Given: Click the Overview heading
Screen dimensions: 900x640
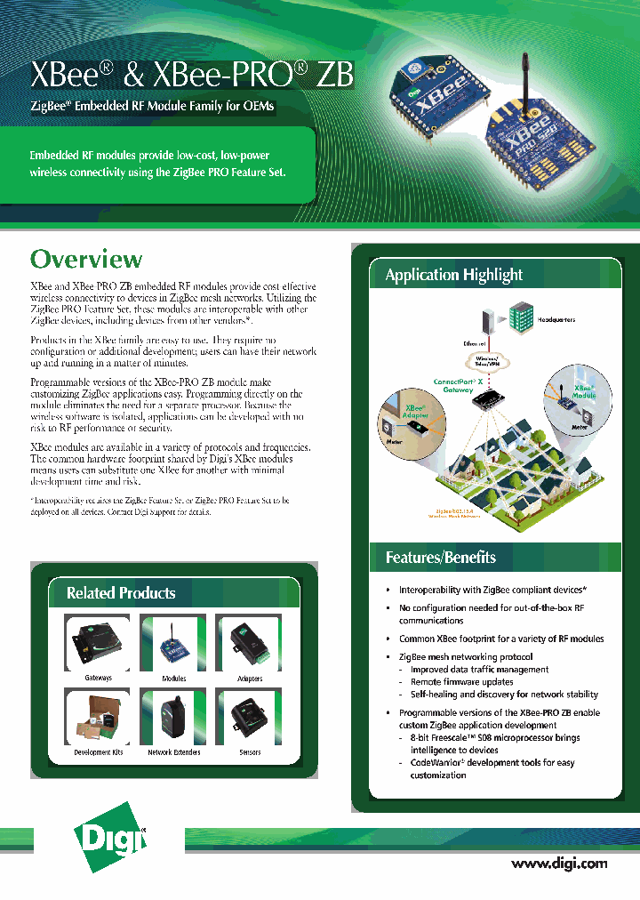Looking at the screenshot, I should click(x=86, y=259).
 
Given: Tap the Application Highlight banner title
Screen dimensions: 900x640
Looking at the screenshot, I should click(x=453, y=275).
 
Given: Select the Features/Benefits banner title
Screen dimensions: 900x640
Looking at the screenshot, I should click(x=440, y=558).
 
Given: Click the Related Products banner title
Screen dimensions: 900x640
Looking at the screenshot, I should click(x=121, y=592).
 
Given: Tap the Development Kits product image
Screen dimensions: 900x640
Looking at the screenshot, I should click(x=98, y=717).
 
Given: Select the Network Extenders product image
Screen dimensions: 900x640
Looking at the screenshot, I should click(x=173, y=717).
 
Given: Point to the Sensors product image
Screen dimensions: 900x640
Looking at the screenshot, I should click(x=250, y=717).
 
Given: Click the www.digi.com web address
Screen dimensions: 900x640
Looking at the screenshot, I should click(x=559, y=863).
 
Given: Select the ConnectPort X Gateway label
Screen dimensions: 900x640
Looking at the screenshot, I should click(x=458, y=386).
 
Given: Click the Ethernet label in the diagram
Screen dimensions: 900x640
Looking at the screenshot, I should click(x=474, y=343).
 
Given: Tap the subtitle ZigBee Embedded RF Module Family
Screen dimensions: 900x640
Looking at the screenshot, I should click(x=152, y=107).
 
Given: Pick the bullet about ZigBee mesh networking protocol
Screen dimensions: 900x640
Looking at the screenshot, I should click(x=465, y=657).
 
